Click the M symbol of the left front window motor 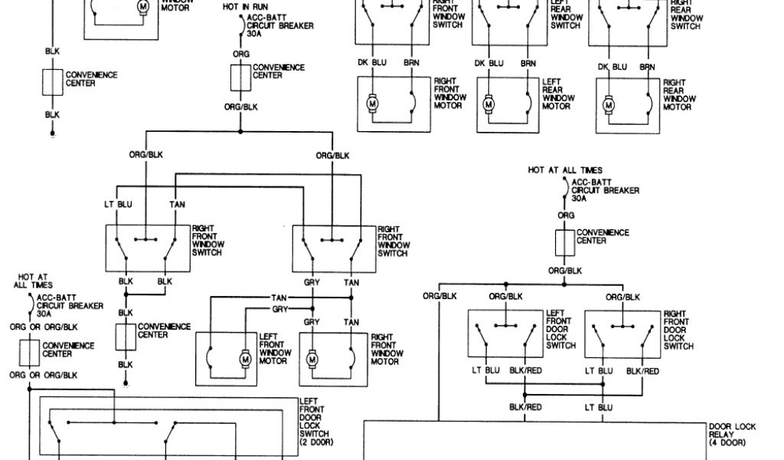coord(245,358)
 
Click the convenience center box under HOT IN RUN coord(240,77)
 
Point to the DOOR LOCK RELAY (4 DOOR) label coord(733,435)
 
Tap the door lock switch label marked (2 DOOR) coord(316,422)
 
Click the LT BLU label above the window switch coord(118,204)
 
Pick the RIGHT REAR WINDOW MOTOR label coord(678,94)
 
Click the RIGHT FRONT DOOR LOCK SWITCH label coord(679,330)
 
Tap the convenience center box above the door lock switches coord(566,243)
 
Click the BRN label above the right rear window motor coord(648,67)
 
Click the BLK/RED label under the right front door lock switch coord(642,370)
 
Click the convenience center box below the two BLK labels coord(126,335)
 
